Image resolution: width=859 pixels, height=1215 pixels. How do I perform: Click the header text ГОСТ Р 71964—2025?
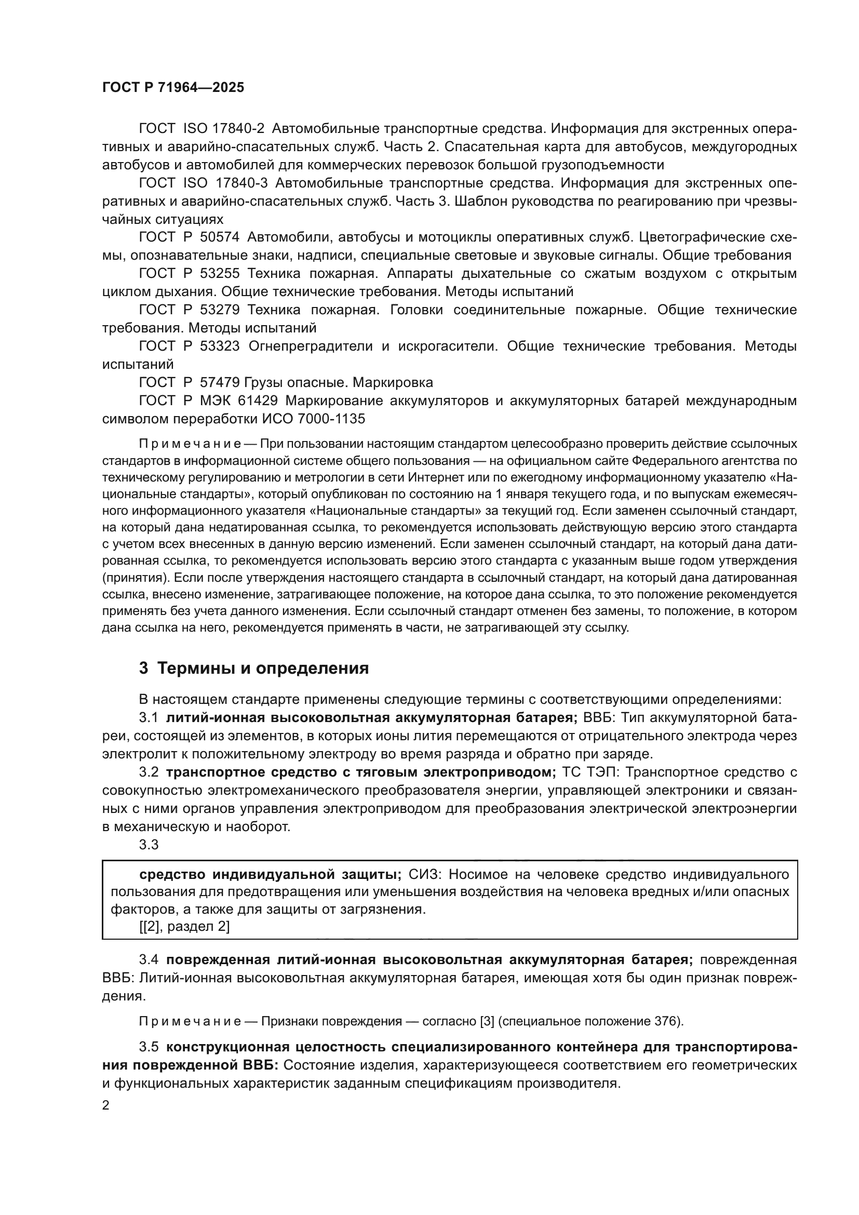tap(173, 88)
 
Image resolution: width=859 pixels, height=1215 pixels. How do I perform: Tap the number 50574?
tap(220, 237)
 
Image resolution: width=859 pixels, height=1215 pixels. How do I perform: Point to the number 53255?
tap(220, 274)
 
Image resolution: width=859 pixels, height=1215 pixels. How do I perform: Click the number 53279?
tap(220, 310)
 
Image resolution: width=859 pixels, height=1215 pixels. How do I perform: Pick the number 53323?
tap(220, 346)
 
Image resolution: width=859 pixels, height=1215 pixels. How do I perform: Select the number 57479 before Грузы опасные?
tap(220, 382)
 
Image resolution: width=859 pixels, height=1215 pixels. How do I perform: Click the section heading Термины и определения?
tap(263, 669)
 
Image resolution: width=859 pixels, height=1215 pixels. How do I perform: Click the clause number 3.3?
tap(149, 845)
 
